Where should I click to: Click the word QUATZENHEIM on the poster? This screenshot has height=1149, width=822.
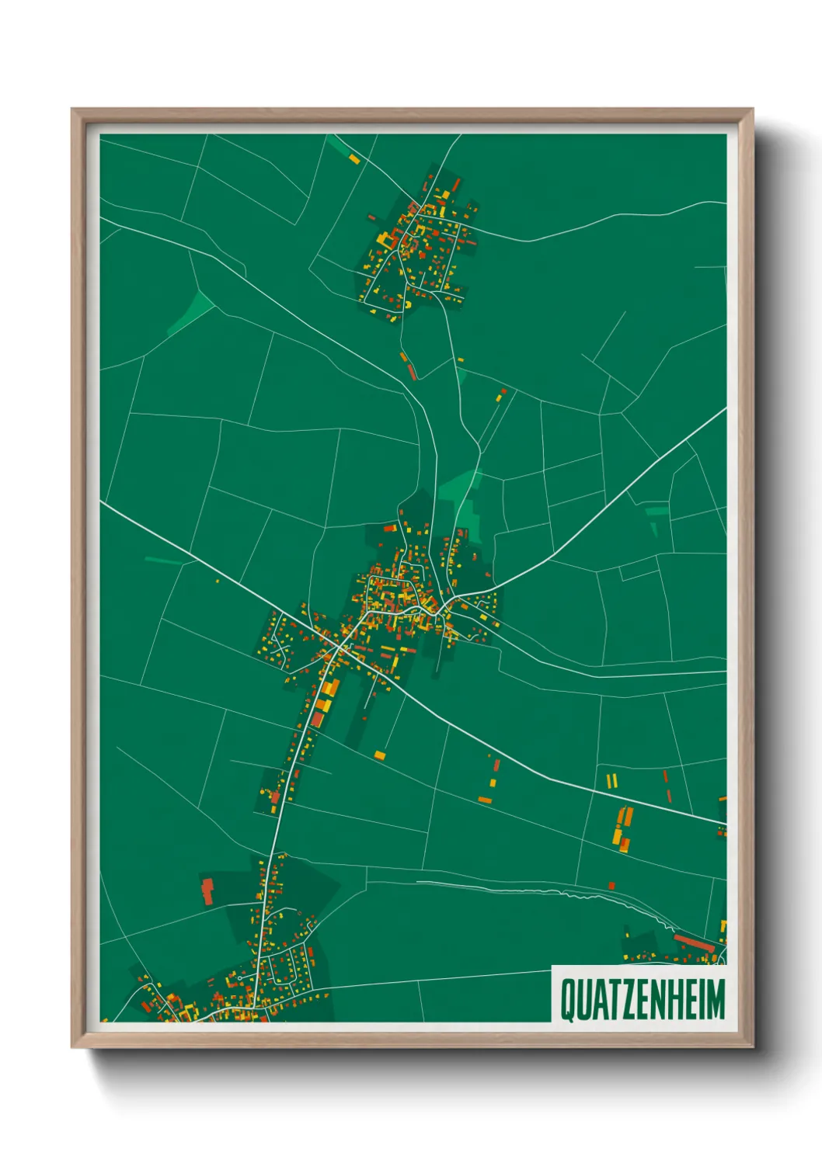(642, 999)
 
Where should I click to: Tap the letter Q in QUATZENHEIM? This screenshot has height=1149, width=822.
(568, 1000)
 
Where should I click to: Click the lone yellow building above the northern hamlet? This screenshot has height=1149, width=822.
(354, 158)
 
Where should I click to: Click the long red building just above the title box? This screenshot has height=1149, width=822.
(694, 943)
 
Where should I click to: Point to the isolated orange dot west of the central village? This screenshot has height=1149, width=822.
(218, 581)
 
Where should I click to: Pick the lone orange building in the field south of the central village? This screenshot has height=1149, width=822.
(380, 755)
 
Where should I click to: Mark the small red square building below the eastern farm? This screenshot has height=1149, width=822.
(611, 885)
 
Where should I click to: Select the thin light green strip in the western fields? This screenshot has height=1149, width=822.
(163, 560)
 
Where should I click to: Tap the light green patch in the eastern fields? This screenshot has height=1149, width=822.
(656, 515)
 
